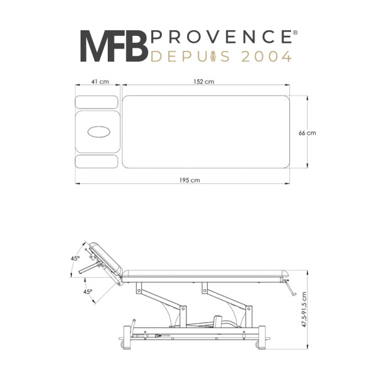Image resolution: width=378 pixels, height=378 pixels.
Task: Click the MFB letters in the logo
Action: point(114,46)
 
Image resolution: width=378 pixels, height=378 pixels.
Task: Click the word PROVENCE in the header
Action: point(221,37)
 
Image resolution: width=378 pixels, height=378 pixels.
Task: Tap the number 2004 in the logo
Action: point(266,57)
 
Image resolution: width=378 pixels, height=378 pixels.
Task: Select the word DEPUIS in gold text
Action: point(190,57)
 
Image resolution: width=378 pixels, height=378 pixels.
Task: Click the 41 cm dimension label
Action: point(100,82)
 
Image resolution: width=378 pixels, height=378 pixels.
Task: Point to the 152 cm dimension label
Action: point(203,82)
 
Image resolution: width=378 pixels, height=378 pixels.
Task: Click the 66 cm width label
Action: point(307,133)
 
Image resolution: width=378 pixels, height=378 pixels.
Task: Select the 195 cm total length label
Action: point(190,180)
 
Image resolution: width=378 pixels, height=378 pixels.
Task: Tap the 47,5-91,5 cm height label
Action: point(304,309)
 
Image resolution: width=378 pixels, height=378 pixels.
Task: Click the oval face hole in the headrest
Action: point(99,132)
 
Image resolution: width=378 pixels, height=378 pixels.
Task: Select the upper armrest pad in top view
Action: point(96,102)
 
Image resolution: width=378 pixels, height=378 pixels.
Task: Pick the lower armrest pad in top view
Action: point(96,161)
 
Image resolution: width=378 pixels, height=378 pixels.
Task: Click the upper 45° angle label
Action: point(75,258)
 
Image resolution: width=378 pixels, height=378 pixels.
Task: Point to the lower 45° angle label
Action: point(88,292)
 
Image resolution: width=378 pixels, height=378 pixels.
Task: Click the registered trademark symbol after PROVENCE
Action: point(295,32)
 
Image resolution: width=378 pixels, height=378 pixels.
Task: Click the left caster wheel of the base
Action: point(123,345)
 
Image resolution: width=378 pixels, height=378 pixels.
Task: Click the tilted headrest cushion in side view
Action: point(106,259)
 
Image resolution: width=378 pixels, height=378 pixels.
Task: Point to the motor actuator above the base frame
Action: point(218,321)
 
